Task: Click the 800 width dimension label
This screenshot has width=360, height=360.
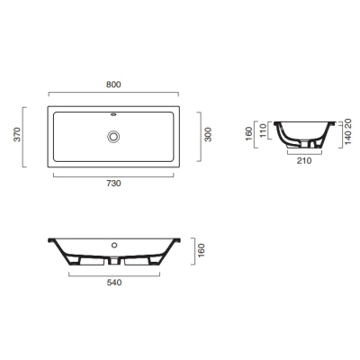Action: pos(113,85)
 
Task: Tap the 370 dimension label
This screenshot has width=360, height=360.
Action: pos(18,134)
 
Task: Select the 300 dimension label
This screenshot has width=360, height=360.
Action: pos(208,135)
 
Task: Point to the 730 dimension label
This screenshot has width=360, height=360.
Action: pos(113,183)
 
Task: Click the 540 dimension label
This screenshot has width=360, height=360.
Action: pos(114,283)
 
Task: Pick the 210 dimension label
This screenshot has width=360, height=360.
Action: pos(304,161)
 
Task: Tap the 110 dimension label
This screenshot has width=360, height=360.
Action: pos(263,130)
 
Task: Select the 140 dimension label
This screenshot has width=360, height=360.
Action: pos(347,138)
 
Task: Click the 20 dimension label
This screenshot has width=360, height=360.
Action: pos(347,123)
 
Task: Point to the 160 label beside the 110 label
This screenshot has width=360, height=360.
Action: pos(249,134)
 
